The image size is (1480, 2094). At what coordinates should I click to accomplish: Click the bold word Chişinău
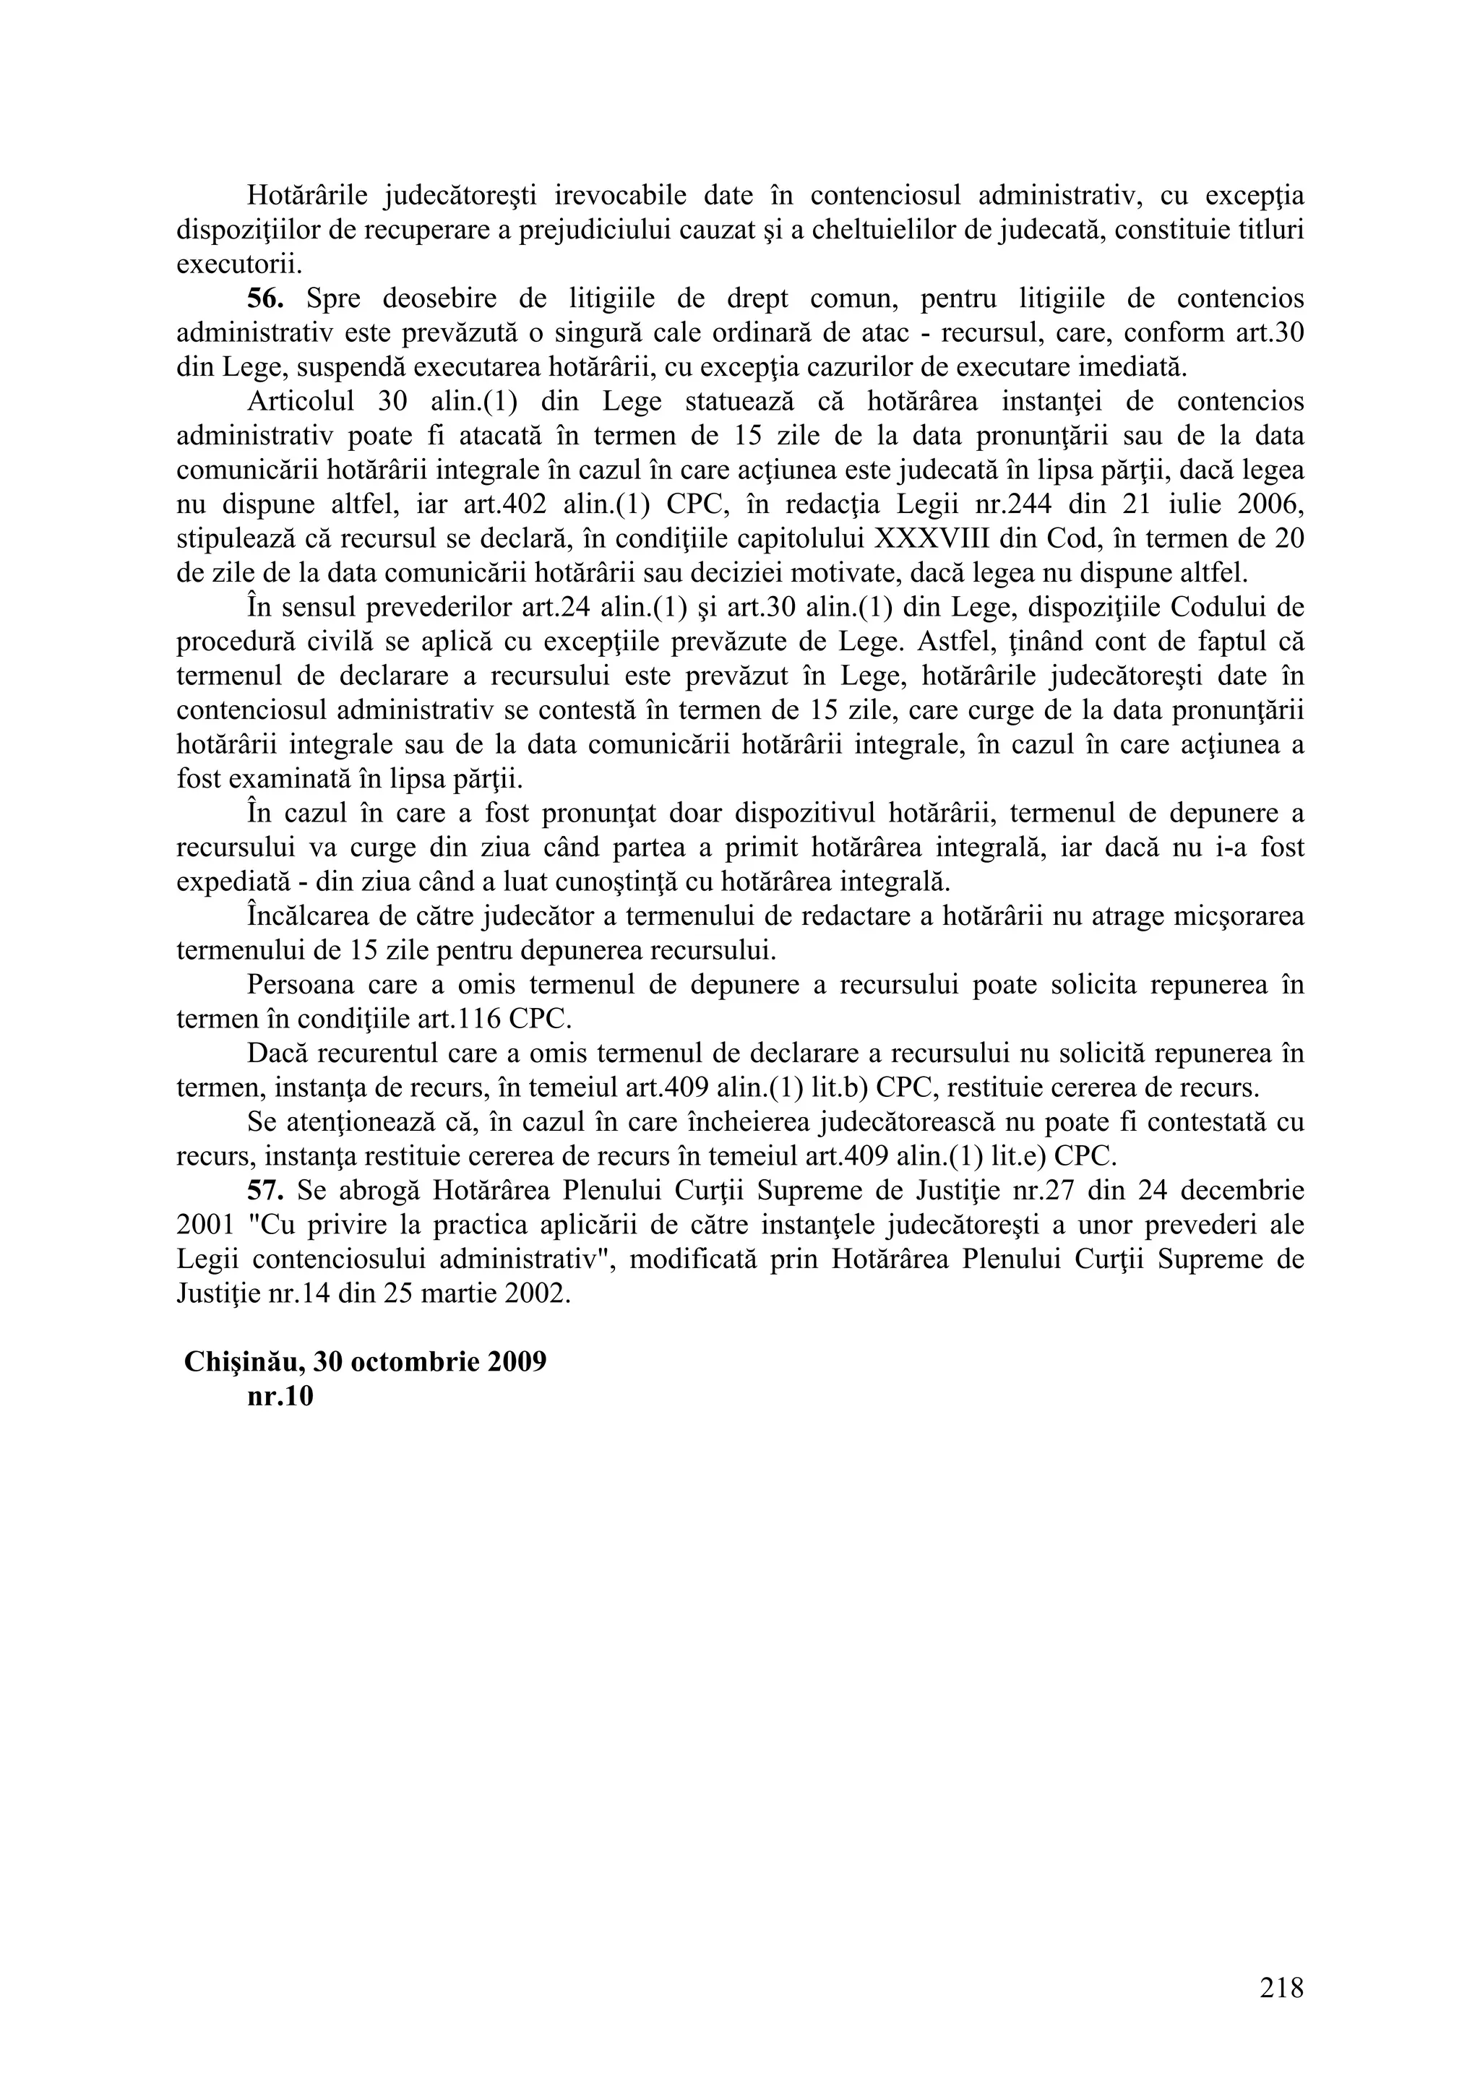pos(244,1361)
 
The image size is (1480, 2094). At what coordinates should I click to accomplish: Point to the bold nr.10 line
pos(280,1396)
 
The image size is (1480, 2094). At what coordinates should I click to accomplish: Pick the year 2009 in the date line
pos(516,1361)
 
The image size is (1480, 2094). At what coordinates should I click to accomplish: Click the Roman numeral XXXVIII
pos(932,539)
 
